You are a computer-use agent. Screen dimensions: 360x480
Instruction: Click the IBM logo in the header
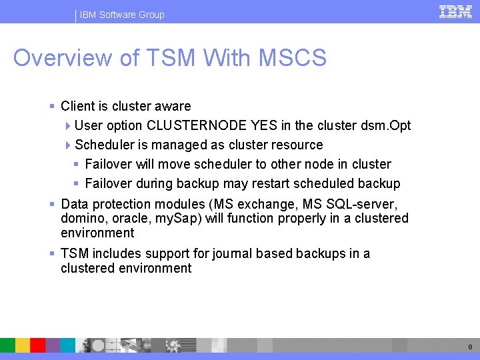click(456, 11)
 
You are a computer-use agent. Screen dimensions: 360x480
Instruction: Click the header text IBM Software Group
click(122, 15)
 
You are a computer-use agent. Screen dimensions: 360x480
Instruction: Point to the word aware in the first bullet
click(173, 106)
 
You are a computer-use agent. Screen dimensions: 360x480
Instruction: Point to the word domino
click(81, 219)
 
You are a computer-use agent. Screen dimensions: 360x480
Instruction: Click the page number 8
click(470, 347)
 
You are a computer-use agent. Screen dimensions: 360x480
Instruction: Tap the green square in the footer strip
click(7, 345)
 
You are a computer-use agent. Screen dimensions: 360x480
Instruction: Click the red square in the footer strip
click(38, 345)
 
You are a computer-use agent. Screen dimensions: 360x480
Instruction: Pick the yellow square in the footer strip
click(23, 345)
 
